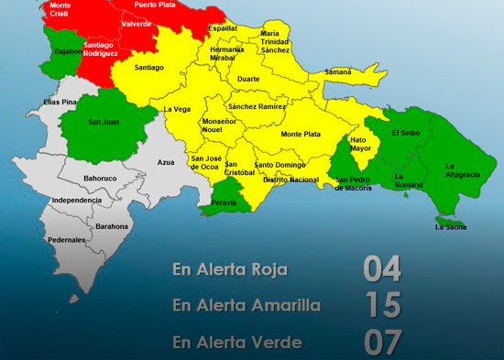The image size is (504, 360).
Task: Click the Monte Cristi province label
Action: point(60,11)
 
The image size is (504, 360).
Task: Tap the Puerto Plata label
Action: point(155,5)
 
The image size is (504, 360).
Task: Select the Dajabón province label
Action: point(68,51)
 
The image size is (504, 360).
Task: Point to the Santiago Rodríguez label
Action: point(99,49)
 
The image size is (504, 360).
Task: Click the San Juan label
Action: point(103,121)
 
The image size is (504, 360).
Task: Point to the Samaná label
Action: point(337,71)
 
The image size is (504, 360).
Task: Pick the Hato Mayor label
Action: point(360,144)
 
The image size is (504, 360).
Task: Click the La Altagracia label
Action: point(463,170)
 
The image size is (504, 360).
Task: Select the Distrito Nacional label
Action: point(290,180)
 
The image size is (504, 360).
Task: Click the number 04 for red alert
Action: point(383,269)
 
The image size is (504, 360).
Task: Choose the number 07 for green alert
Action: point(383,342)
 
